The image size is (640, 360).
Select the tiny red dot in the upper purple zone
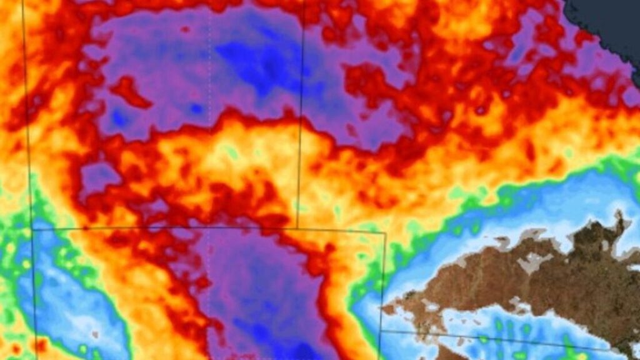[185, 29]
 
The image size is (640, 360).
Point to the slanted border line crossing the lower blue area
[500, 341]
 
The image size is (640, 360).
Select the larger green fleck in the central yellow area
[232, 152]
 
